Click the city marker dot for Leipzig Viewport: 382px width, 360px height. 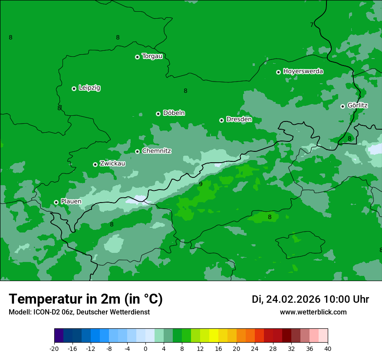coord(74,88)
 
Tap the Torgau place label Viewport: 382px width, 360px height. coord(152,56)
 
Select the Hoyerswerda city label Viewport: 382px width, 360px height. coord(303,71)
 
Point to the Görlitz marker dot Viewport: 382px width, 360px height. coord(342,106)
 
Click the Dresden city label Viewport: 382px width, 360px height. coord(239,119)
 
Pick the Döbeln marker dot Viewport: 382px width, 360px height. coord(158,114)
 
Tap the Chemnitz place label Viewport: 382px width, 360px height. coord(156,151)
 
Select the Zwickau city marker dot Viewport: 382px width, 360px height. coord(95,164)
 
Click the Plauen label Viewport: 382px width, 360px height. coord(71,201)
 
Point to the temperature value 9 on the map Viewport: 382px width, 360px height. coord(201,184)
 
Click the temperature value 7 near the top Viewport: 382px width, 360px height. coord(312,25)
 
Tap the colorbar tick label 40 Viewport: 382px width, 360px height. coord(328,348)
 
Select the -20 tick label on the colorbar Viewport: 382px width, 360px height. coord(54,348)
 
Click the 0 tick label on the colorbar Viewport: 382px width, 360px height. coord(145,348)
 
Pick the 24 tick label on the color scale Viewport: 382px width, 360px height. coord(255,348)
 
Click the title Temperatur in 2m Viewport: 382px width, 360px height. coord(86,299)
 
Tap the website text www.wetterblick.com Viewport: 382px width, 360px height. coord(313,312)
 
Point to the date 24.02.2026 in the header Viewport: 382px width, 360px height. coord(293,299)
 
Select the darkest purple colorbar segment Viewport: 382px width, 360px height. coord(59,336)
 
